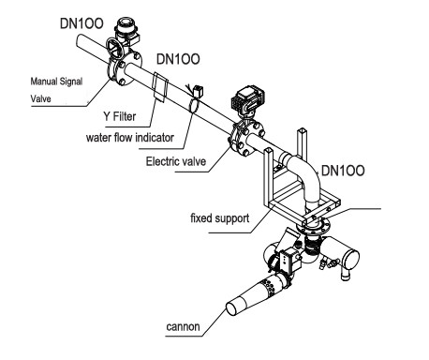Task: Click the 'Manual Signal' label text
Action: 56,82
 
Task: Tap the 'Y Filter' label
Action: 120,116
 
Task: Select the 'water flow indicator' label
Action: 130,137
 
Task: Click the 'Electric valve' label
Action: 176,161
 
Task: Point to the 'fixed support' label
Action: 220,217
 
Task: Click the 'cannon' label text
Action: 183,326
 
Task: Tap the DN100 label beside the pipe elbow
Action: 343,171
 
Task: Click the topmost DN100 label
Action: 81,23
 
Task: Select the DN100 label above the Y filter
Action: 178,59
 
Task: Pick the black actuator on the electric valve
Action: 247,97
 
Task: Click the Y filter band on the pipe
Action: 160,87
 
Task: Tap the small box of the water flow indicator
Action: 199,92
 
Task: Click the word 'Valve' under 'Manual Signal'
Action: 40,98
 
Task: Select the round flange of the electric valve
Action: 248,140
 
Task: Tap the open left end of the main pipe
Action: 80,41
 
